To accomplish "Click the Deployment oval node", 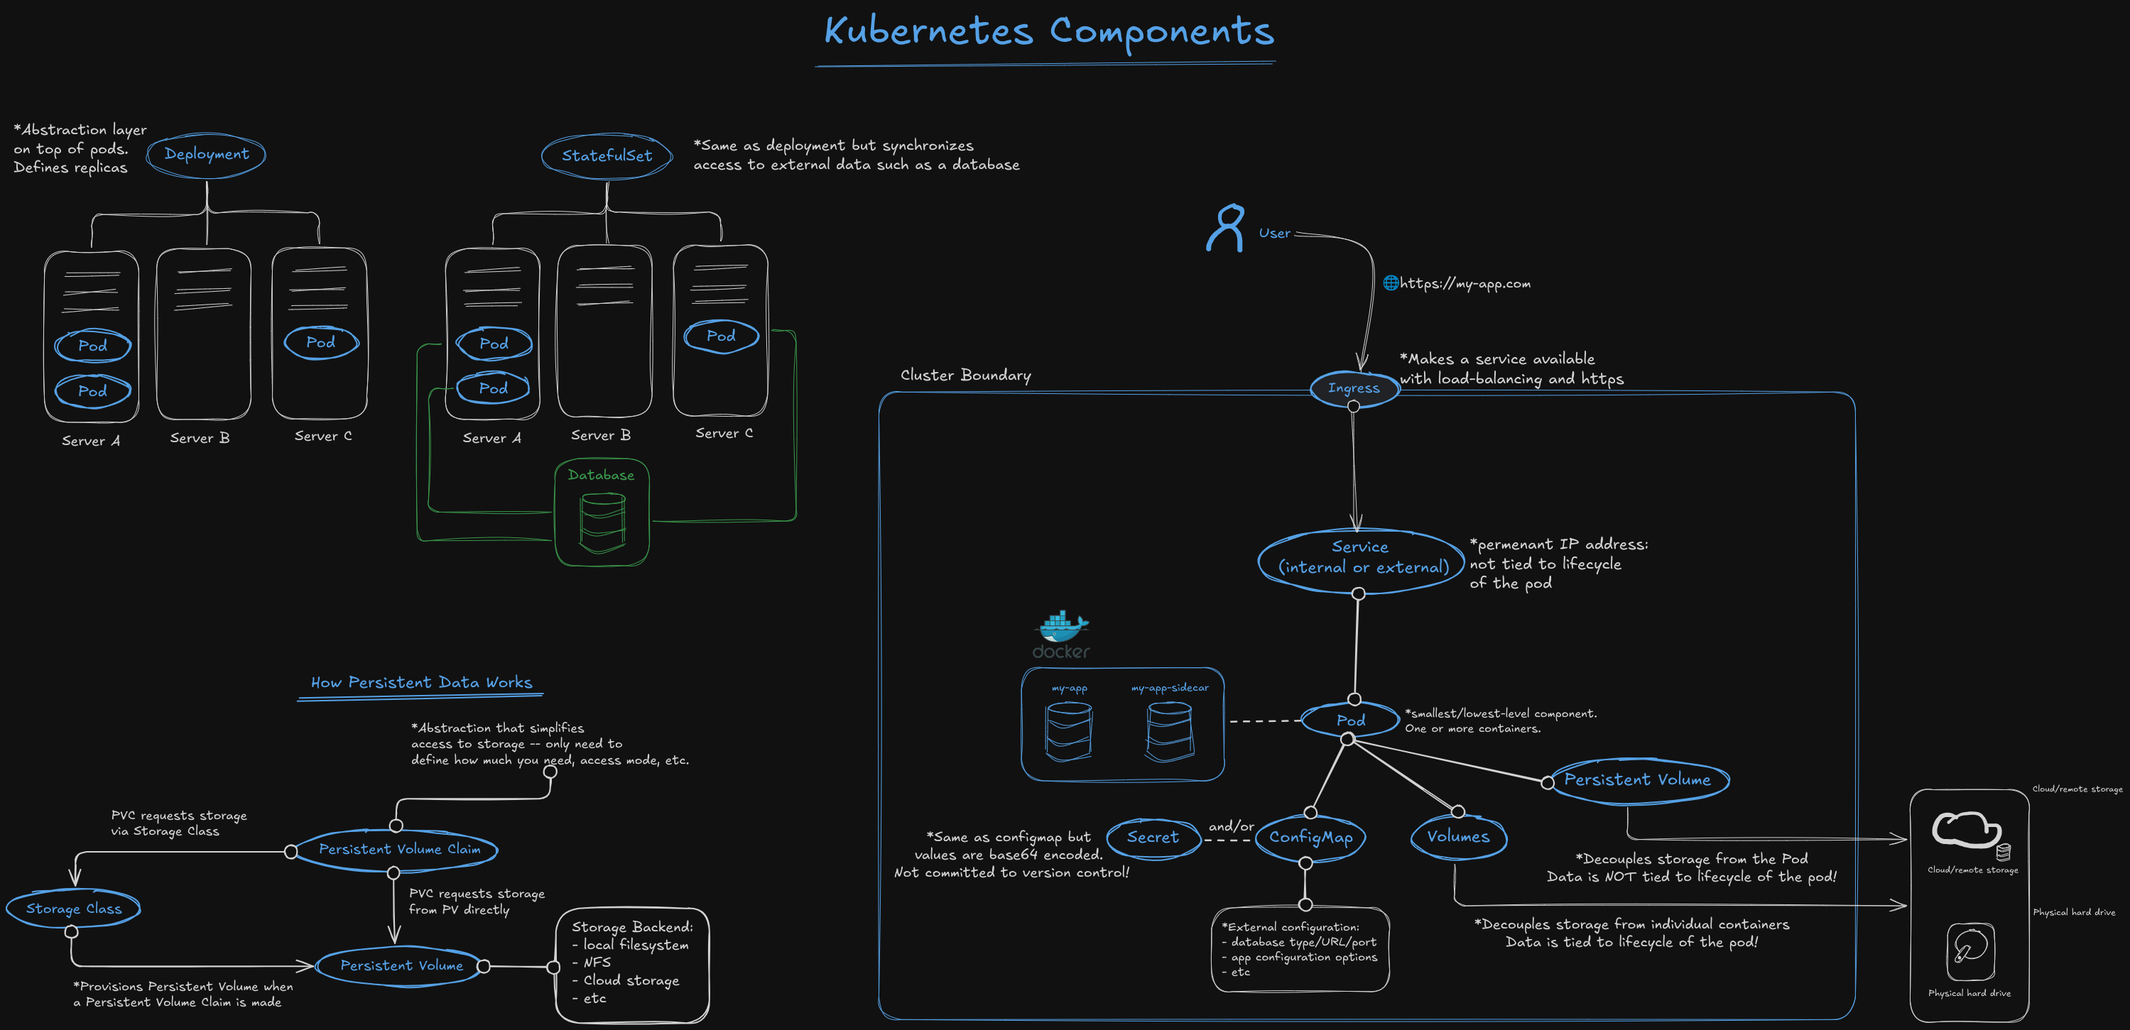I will [206, 154].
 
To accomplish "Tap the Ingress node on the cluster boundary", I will [1354, 388].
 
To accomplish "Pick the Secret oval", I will [1153, 837].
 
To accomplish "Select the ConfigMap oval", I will [1310, 837].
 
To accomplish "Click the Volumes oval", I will [1457, 837].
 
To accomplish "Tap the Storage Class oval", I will [74, 909].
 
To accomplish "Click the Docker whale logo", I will [1062, 628].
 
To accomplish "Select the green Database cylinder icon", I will [602, 522].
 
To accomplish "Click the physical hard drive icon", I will [1969, 950].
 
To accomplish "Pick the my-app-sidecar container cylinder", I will [1169, 730].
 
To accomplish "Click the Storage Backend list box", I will [631, 964].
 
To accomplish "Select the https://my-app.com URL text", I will [1464, 283].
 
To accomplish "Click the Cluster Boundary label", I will [965, 376].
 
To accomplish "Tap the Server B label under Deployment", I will [200, 438].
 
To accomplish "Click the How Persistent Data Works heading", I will [421, 683].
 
